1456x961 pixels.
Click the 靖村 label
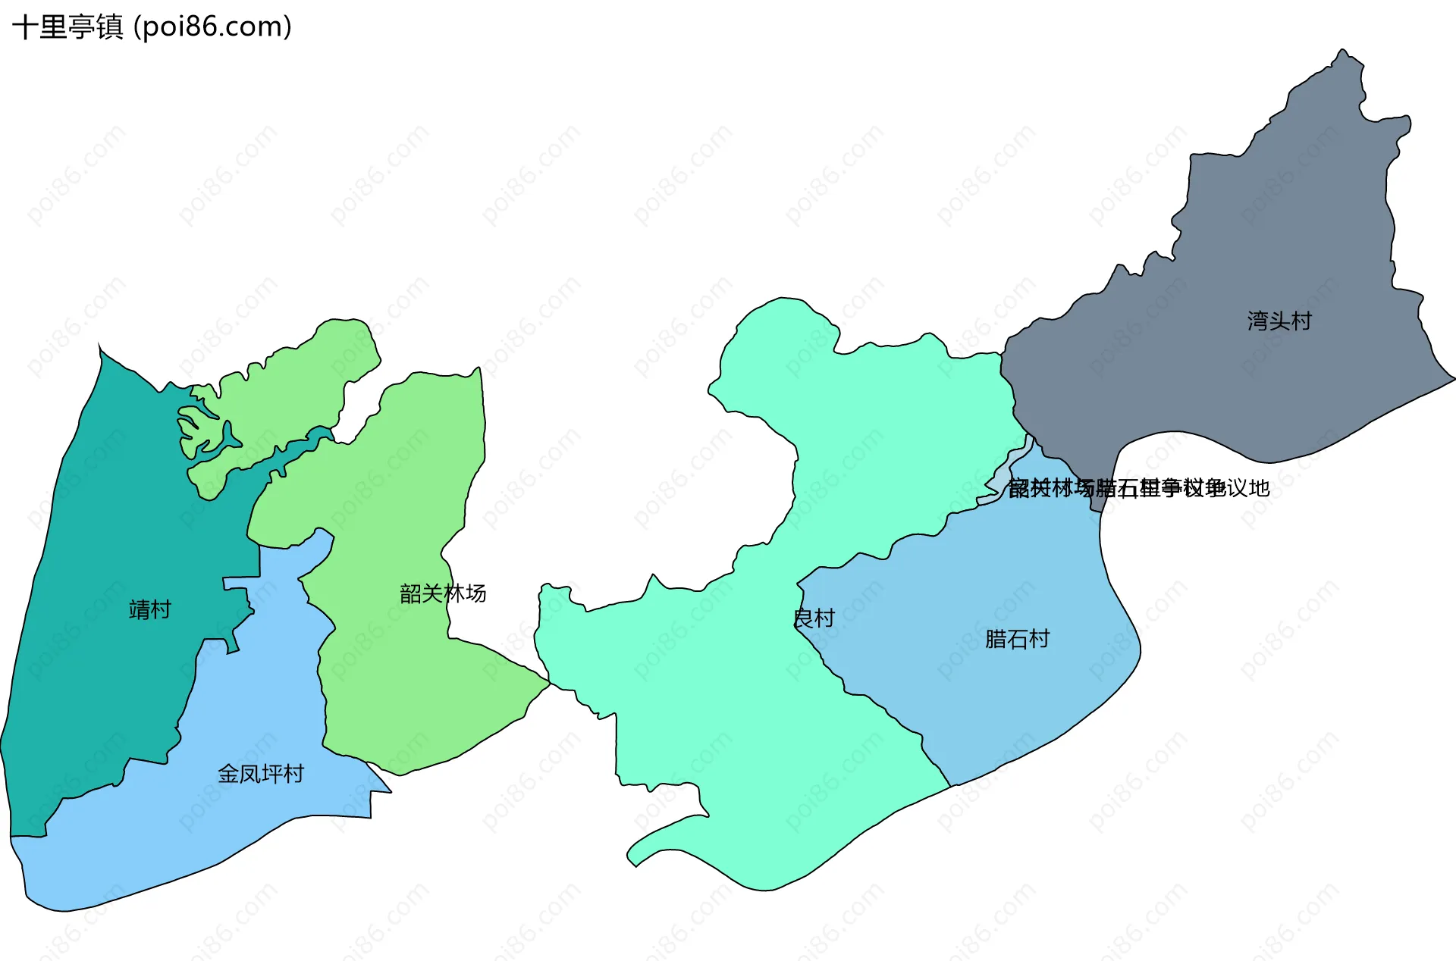tap(150, 609)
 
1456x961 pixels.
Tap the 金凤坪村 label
tap(261, 774)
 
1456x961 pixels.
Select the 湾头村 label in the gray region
tap(1279, 321)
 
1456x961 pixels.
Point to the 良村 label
tap(814, 618)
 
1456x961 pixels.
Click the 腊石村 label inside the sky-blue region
tap(1017, 640)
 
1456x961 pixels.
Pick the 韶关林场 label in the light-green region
tap(443, 593)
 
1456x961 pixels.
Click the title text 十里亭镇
tap(67, 27)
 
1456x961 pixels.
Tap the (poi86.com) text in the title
tap(212, 27)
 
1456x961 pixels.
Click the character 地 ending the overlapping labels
tap(1260, 488)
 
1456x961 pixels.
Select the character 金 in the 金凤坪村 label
tap(228, 774)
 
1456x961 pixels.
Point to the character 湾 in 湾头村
tap(1258, 321)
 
